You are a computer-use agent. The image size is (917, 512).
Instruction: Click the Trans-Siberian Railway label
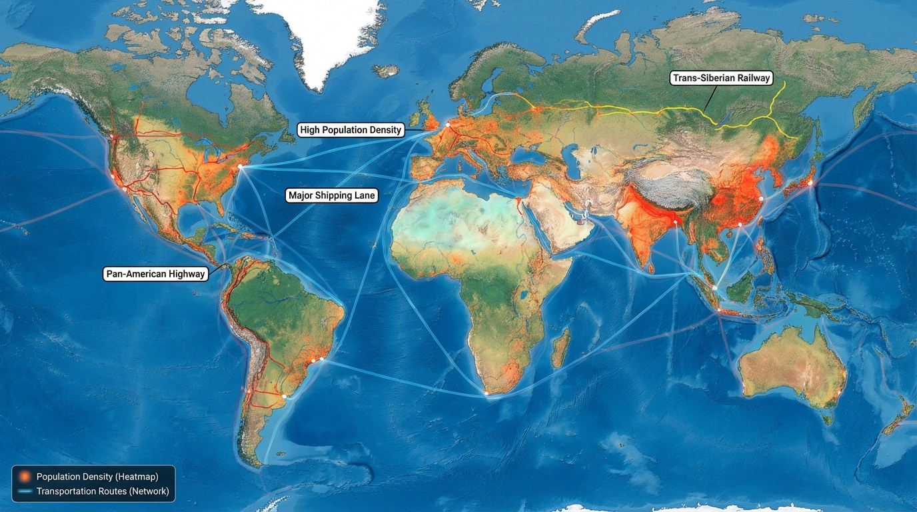pos(721,78)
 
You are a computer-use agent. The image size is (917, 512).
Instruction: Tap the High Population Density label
pos(351,130)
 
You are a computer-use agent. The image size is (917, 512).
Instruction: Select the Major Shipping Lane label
pos(332,195)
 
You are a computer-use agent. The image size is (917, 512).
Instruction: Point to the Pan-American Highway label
pos(155,274)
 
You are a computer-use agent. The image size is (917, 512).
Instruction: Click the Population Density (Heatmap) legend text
pos(97,477)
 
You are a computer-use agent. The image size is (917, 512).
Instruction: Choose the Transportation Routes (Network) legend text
pos(103,491)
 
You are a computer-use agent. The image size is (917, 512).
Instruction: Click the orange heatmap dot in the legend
pos(25,477)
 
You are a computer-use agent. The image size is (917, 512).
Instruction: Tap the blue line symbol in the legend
pos(25,491)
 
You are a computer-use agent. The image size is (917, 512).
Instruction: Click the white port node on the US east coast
pos(240,167)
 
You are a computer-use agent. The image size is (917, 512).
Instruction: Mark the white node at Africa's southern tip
pos(487,394)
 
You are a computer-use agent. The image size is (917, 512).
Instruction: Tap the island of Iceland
pos(386,70)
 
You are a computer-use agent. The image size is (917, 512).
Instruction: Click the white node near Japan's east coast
pos(811,183)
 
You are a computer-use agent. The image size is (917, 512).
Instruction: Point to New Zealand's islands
pos(896,417)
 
